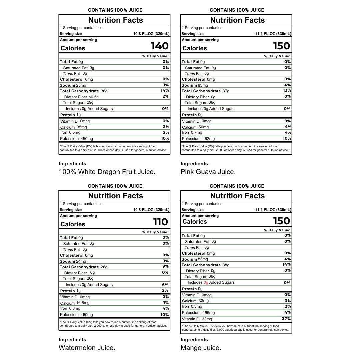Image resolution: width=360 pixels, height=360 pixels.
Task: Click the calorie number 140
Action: (160, 46)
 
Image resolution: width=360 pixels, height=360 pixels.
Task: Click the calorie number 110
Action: (160, 222)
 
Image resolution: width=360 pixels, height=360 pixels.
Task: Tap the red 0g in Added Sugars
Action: (206, 282)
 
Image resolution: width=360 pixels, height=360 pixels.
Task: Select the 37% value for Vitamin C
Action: (286, 319)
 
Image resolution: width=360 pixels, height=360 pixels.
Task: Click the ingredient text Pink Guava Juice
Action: (208, 172)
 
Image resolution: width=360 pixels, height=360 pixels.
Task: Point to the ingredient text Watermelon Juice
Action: (87, 348)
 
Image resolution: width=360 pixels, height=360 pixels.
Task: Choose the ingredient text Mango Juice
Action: (201, 348)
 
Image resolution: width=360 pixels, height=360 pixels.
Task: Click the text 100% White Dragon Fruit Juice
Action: (107, 172)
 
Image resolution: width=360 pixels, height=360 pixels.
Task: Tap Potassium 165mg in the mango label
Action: (198, 313)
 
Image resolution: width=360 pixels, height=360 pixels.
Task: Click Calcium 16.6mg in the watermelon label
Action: (75, 303)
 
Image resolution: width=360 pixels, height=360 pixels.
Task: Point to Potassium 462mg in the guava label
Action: (198, 139)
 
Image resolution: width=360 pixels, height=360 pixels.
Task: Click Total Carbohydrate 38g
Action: (206, 265)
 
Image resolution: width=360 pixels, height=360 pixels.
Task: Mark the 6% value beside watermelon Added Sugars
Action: (166, 285)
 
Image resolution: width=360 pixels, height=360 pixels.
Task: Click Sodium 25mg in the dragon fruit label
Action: (73, 85)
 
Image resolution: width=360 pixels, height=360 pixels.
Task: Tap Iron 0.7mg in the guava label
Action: (192, 132)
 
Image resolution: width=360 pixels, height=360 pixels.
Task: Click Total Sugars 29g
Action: (78, 103)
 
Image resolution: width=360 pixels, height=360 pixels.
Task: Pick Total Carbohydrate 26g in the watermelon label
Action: (84, 267)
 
